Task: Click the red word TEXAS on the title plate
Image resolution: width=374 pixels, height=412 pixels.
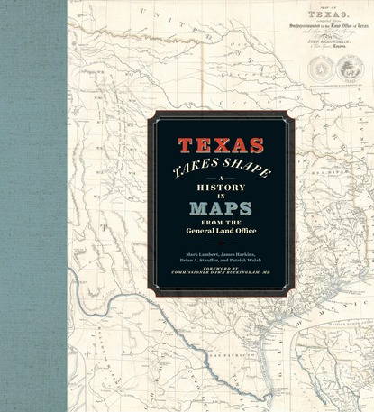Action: tap(220, 144)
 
